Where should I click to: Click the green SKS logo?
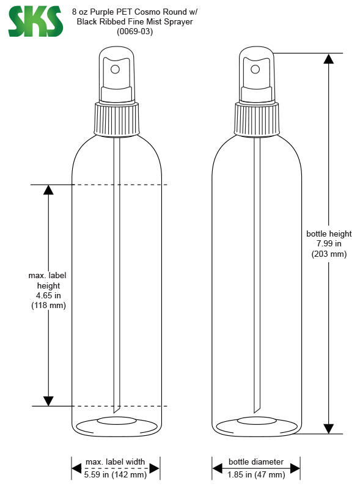tap(35, 21)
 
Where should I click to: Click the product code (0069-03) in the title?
tap(134, 32)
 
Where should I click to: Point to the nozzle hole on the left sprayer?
tap(115, 69)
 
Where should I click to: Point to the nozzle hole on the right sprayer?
tap(255, 69)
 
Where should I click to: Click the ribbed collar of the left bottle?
tap(117, 120)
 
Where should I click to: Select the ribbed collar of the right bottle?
tap(257, 120)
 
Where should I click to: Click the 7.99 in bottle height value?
tap(329, 244)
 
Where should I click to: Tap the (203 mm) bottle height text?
tap(329, 254)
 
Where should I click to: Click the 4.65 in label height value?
tap(48, 295)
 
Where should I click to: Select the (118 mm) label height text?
tap(48, 306)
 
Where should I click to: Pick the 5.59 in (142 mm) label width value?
tap(116, 474)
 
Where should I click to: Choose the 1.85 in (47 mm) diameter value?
tap(256, 474)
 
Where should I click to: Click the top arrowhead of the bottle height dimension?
tap(328, 59)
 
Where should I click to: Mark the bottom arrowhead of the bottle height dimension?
tap(328, 429)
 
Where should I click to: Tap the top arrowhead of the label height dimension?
tap(48, 190)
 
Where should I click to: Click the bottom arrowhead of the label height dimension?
tap(48, 401)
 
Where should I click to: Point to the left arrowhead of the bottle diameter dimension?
tap(217, 468)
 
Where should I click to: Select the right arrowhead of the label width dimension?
tap(154, 468)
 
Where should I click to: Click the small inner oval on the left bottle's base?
tap(117, 421)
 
